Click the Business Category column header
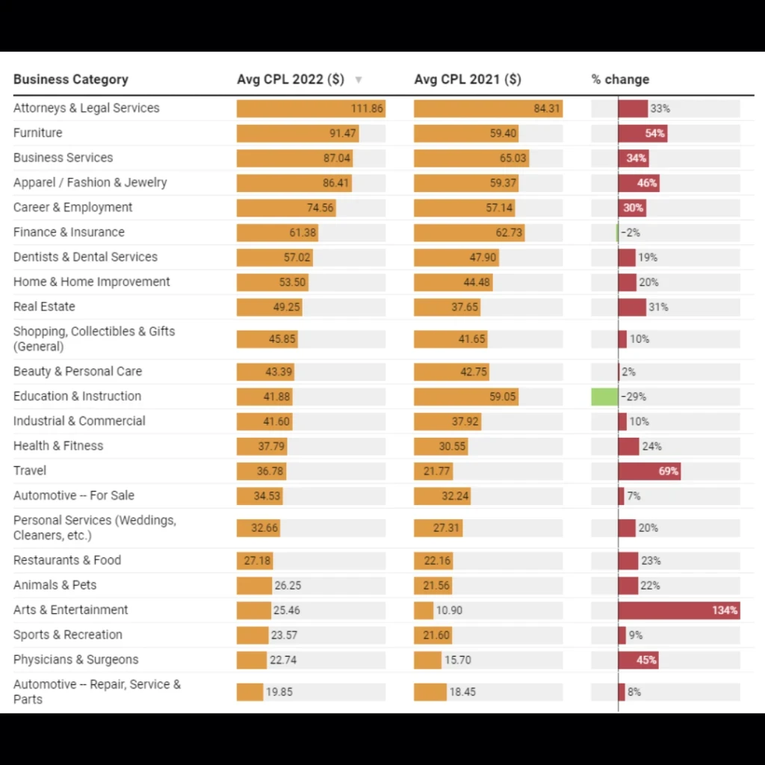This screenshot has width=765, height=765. tap(71, 79)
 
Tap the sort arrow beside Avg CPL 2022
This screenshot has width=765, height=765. tap(359, 80)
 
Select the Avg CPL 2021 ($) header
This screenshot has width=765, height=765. tap(468, 79)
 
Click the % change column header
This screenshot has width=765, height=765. tap(620, 79)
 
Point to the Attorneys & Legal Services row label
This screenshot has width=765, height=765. tap(86, 108)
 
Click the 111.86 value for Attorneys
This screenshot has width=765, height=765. tap(367, 108)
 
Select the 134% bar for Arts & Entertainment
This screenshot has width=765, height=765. tap(678, 610)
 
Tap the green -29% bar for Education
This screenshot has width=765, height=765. tap(604, 397)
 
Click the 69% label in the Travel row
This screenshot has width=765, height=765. tap(669, 471)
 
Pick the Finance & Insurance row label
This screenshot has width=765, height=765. tap(69, 232)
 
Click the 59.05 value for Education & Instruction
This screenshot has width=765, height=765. tap(503, 397)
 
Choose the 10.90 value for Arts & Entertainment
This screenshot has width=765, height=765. tap(449, 610)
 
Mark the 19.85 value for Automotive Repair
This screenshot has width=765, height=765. tap(279, 692)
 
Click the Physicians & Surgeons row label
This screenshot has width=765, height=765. tap(75, 660)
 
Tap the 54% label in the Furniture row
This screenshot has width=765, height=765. tap(655, 134)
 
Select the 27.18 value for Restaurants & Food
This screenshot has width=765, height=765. tap(258, 560)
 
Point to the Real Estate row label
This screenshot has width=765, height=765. tap(44, 306)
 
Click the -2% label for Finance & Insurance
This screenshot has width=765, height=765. tap(631, 232)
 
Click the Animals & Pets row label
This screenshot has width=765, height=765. tap(55, 585)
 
